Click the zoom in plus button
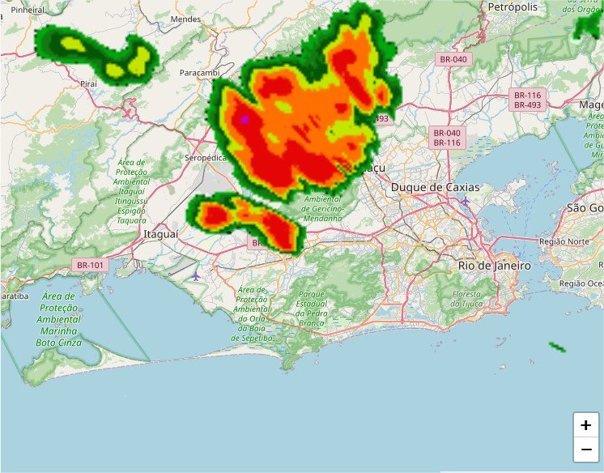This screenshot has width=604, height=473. tap(585, 425)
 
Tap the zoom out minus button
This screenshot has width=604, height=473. tap(585, 449)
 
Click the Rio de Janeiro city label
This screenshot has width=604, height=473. tap(494, 266)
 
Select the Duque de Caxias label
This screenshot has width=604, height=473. tap(435, 187)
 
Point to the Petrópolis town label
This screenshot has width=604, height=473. tap(513, 6)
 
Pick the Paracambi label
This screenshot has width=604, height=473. tap(199, 73)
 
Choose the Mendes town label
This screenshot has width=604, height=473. tap(186, 19)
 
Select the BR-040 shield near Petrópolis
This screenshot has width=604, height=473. tap(453, 59)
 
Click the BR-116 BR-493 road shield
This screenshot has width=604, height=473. tap(527, 100)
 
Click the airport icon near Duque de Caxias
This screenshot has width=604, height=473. tap(465, 200)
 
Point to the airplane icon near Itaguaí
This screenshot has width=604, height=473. tap(196, 276)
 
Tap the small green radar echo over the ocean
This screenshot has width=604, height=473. tap(556, 347)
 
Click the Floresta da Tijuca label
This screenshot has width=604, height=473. tap(466, 298)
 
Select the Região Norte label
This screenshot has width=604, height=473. tap(564, 241)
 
